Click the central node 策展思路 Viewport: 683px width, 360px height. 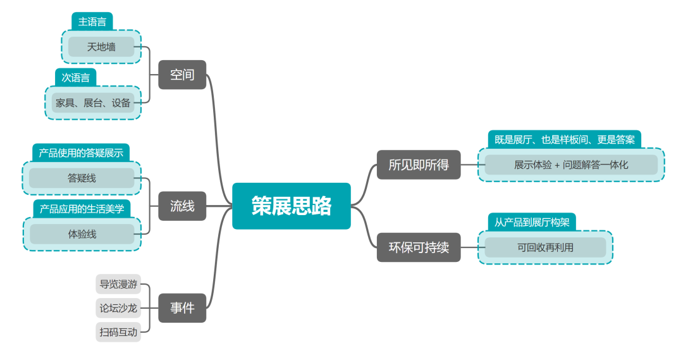pos(292,206)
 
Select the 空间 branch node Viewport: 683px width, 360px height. pos(182,75)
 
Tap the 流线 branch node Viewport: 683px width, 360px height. pos(182,206)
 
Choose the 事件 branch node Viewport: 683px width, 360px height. pos(182,308)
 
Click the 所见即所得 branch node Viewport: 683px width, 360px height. pos(419,165)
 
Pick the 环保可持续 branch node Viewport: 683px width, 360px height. pos(419,247)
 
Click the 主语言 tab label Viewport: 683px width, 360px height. pos(92,22)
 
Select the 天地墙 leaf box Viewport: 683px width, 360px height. pos(101,47)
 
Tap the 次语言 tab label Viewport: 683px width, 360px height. pos(75,78)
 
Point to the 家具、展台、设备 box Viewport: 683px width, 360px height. pos(93,102)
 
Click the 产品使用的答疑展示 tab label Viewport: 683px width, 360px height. pos(81,152)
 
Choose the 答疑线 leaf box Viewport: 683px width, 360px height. pos(82,178)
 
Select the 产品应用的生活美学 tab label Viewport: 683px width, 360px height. pos(82,209)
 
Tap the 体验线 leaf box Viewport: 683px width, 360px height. pos(82,234)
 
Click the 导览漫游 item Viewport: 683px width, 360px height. pos(118,284)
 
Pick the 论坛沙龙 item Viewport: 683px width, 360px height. pos(118,308)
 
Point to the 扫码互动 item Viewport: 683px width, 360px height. pos(118,332)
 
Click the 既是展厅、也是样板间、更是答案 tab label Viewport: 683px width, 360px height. pos(565,139)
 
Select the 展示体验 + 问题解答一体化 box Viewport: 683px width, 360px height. pos(571,165)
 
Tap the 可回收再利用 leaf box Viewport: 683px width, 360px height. pos(545,247)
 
